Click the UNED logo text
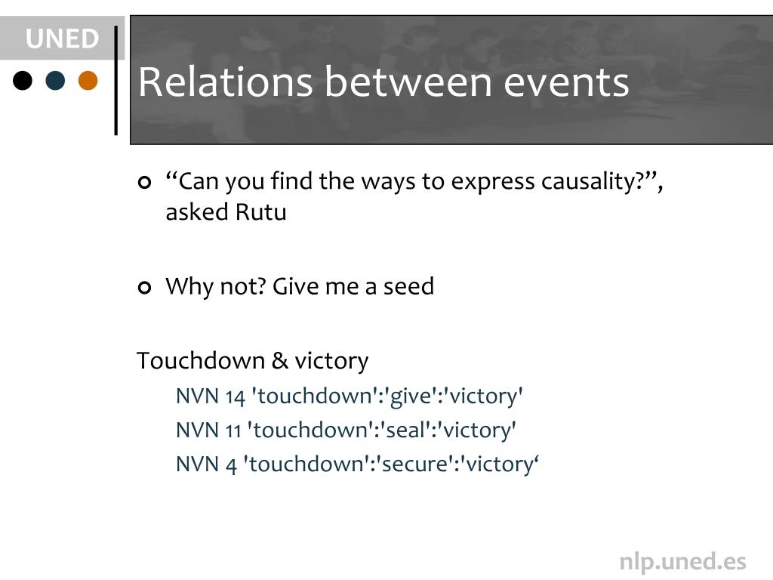click(62, 39)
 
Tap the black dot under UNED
click(23, 80)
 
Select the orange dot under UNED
click(88, 80)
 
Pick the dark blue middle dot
click(56, 80)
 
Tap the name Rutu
click(260, 212)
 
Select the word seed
click(408, 287)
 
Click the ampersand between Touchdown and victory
click(279, 361)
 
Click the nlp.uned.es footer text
click(682, 561)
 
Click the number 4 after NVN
click(231, 464)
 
